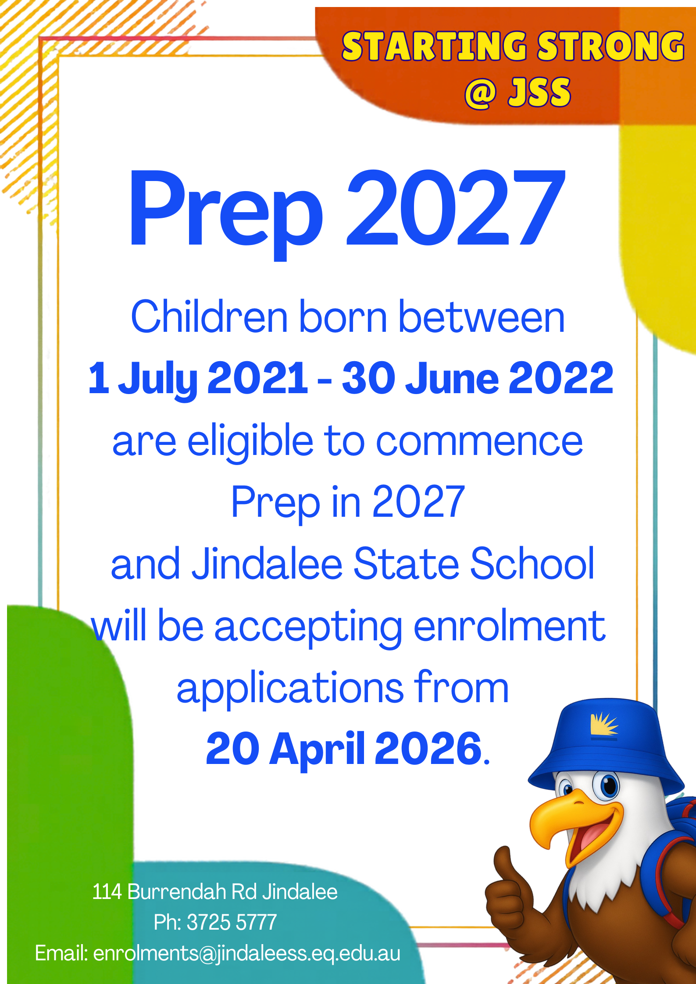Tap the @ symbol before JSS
click(481, 93)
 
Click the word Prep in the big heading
click(226, 210)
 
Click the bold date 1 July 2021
click(197, 378)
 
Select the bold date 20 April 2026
click(344, 749)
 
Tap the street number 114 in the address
click(107, 892)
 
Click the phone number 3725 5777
click(232, 922)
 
